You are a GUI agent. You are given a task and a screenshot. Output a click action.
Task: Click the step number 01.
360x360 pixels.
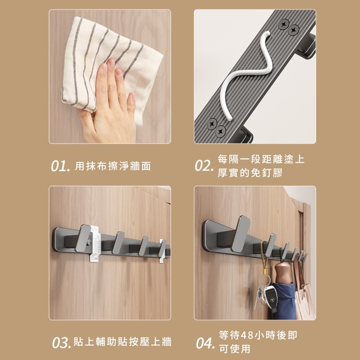[x=60, y=166]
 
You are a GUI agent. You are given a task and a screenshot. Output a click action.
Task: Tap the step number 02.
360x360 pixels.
[x=204, y=166]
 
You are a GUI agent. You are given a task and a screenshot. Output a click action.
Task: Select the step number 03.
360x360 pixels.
[x=61, y=343]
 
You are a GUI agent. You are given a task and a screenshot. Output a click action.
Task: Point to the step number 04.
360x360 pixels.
[x=205, y=343]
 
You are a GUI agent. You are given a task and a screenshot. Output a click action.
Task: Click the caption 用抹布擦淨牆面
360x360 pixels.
[x=113, y=166]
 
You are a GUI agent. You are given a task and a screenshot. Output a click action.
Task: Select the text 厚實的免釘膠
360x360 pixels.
[x=250, y=173]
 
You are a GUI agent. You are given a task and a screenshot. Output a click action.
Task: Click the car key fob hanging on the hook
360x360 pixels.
[x=270, y=298]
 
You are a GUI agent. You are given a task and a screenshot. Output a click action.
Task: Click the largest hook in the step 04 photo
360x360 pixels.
[x=240, y=234]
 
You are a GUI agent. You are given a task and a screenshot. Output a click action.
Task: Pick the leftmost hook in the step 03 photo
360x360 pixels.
[x=83, y=238]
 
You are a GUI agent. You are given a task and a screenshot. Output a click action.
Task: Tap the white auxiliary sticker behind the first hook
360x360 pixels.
[x=95, y=244]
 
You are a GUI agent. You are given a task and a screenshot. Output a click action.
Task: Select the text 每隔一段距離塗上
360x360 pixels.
[x=261, y=159]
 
